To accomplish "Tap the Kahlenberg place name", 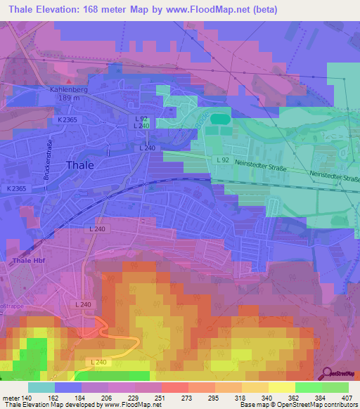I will pyautogui.click(x=69, y=90).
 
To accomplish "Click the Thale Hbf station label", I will pyautogui.click(x=27, y=261).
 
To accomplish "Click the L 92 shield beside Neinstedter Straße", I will pyautogui.click(x=223, y=160).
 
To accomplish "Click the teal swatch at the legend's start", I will pyautogui.click(x=41, y=387).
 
